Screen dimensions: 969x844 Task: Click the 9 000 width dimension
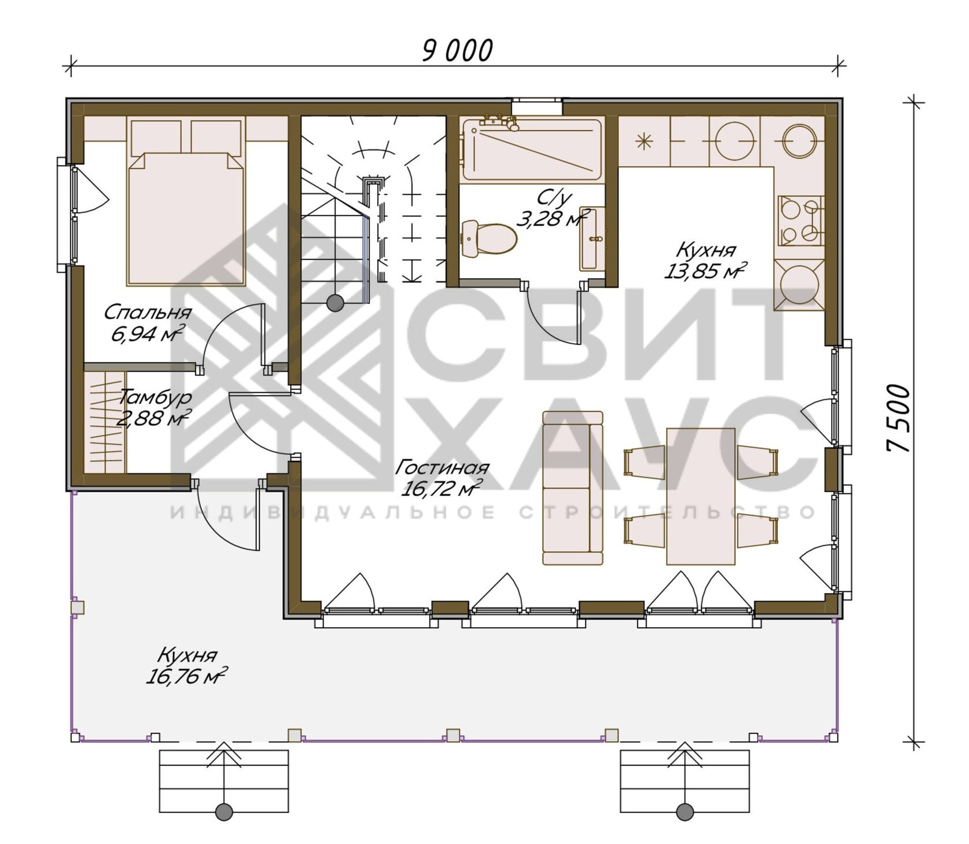click(457, 51)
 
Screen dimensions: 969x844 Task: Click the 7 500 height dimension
click(899, 419)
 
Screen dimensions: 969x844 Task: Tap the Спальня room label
click(148, 313)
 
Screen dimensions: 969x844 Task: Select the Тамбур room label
click(155, 397)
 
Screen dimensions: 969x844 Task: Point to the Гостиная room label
click(442, 467)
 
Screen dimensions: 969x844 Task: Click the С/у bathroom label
click(554, 198)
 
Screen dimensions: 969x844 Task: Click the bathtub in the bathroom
click(532, 149)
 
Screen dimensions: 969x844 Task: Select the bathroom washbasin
click(592, 239)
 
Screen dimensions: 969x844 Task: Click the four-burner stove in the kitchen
click(801, 220)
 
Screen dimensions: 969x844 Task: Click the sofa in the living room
click(573, 488)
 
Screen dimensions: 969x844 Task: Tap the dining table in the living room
click(701, 496)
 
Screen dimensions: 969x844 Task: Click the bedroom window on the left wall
click(66, 215)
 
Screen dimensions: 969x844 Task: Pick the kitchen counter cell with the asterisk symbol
click(644, 141)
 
